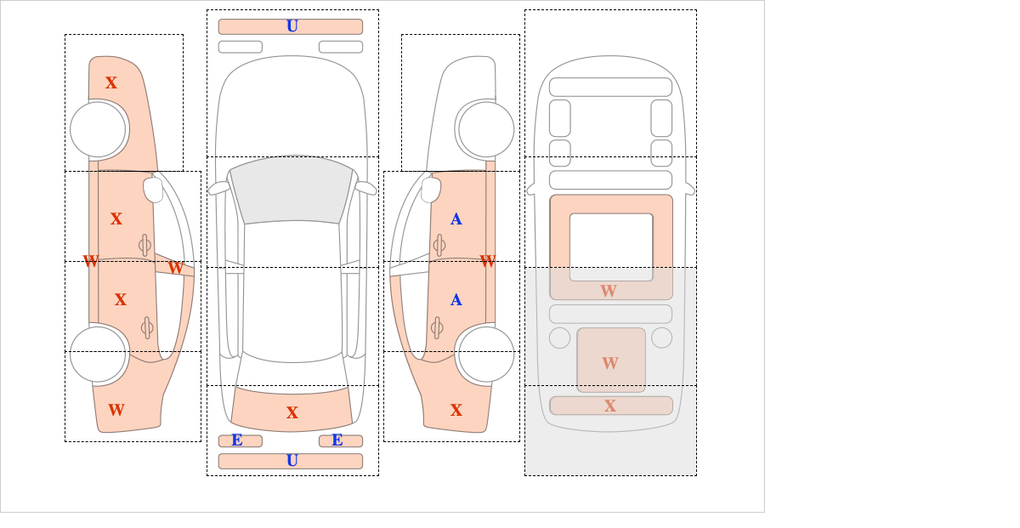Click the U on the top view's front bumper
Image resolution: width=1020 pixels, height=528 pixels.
(x=292, y=26)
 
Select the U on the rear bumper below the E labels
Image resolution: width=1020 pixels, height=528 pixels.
(x=292, y=461)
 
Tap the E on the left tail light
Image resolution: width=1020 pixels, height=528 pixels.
(x=237, y=440)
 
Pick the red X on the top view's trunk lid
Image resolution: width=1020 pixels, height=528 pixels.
(x=292, y=412)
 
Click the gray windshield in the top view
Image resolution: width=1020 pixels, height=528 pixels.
(x=292, y=190)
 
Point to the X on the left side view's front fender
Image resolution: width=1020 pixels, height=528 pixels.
(x=111, y=82)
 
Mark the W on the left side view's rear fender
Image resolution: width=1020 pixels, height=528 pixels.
(x=116, y=410)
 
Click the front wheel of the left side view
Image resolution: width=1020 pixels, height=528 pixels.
(x=98, y=130)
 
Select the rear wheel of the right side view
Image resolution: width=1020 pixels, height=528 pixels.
(x=486, y=354)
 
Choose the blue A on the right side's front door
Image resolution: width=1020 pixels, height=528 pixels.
(x=456, y=219)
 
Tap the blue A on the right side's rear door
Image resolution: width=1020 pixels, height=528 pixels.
(x=456, y=300)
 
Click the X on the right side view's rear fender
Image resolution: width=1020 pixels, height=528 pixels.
(x=456, y=410)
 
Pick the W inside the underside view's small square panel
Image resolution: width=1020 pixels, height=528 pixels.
(x=610, y=363)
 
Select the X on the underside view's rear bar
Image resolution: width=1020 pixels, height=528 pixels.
(x=610, y=406)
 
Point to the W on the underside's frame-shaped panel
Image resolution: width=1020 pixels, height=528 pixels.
(x=609, y=291)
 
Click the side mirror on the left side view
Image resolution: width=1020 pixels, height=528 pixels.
(x=154, y=190)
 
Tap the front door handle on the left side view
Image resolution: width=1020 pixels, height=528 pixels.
(x=144, y=246)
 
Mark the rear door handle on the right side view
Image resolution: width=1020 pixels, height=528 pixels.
(x=437, y=327)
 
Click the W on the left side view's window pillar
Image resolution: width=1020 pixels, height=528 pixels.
(x=176, y=268)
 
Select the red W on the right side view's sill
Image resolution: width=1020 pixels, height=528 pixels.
(x=488, y=261)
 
